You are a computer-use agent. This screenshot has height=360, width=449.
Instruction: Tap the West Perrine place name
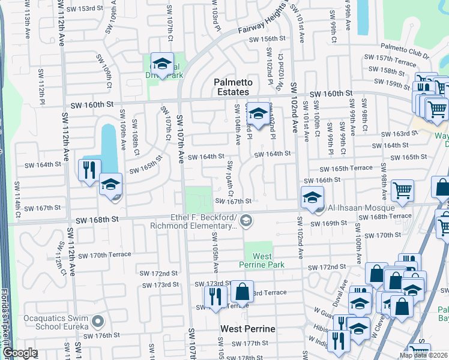point(247,329)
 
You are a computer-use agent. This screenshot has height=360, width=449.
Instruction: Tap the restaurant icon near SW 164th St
point(91,170)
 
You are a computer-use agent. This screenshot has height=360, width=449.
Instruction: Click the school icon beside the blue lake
point(111,184)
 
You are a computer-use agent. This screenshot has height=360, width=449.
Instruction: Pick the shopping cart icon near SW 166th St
point(402,190)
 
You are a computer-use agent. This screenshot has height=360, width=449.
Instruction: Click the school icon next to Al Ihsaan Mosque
point(312,197)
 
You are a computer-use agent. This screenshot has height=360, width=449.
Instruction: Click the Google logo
point(20,353)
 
